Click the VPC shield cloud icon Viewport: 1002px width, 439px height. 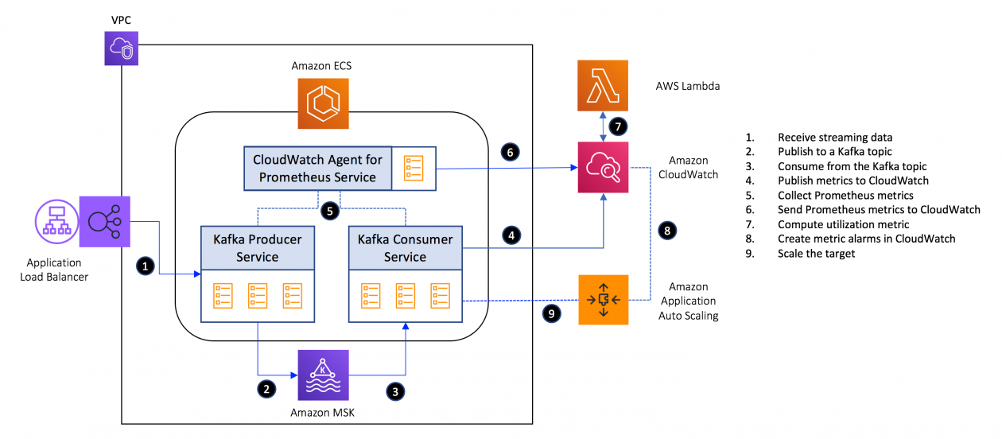(122, 49)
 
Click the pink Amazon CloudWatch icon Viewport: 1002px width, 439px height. (604, 167)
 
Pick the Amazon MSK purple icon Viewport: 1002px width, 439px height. (322, 375)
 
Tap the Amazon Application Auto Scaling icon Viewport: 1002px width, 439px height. (604, 300)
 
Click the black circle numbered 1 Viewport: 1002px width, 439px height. (144, 266)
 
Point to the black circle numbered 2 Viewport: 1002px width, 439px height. (267, 389)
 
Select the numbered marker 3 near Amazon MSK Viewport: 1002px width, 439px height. (395, 390)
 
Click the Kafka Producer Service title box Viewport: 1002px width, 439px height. (257, 247)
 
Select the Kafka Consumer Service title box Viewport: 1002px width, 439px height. (405, 247)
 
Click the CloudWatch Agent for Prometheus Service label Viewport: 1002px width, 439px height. (317, 168)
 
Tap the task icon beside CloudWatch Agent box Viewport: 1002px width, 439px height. (414, 169)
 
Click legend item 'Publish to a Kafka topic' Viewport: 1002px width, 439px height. (834, 152)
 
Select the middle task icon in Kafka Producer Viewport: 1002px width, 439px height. (257, 294)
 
